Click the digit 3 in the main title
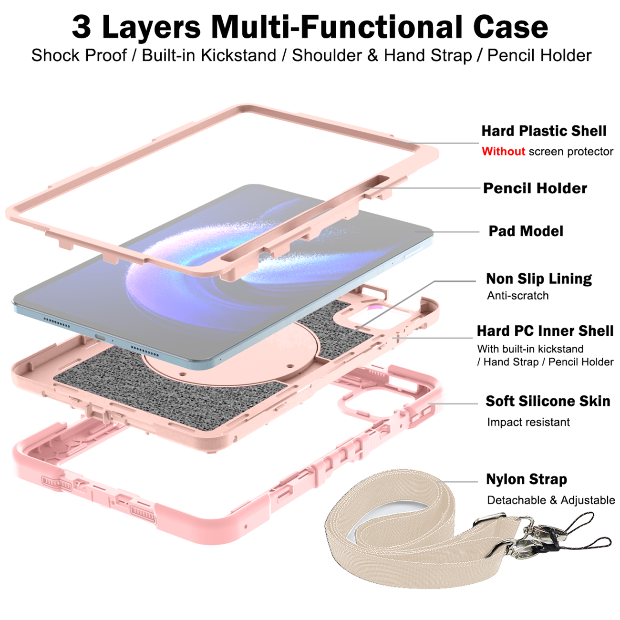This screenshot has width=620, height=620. pyautogui.click(x=81, y=27)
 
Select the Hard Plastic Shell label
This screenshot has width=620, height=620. pyautogui.click(x=544, y=131)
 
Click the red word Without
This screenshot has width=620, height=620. pyautogui.click(x=503, y=151)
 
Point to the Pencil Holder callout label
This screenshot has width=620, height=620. pyautogui.click(x=535, y=188)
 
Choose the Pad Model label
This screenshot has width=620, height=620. pyautogui.click(x=526, y=231)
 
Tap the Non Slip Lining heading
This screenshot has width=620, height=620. pyautogui.click(x=539, y=279)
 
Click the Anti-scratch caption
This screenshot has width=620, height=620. pyautogui.click(x=517, y=295)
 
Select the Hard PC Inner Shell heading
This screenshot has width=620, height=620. pyautogui.click(x=545, y=331)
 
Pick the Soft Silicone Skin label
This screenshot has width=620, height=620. pyautogui.click(x=548, y=401)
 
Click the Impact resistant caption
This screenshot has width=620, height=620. pyautogui.click(x=528, y=422)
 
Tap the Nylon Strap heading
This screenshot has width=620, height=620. pyautogui.click(x=527, y=479)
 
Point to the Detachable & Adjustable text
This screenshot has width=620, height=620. pyautogui.click(x=551, y=500)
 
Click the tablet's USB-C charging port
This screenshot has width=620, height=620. pyautogui.click(x=100, y=337)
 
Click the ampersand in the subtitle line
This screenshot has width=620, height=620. pyautogui.click(x=372, y=55)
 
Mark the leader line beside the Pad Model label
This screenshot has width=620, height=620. pyautogui.click(x=447, y=232)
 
